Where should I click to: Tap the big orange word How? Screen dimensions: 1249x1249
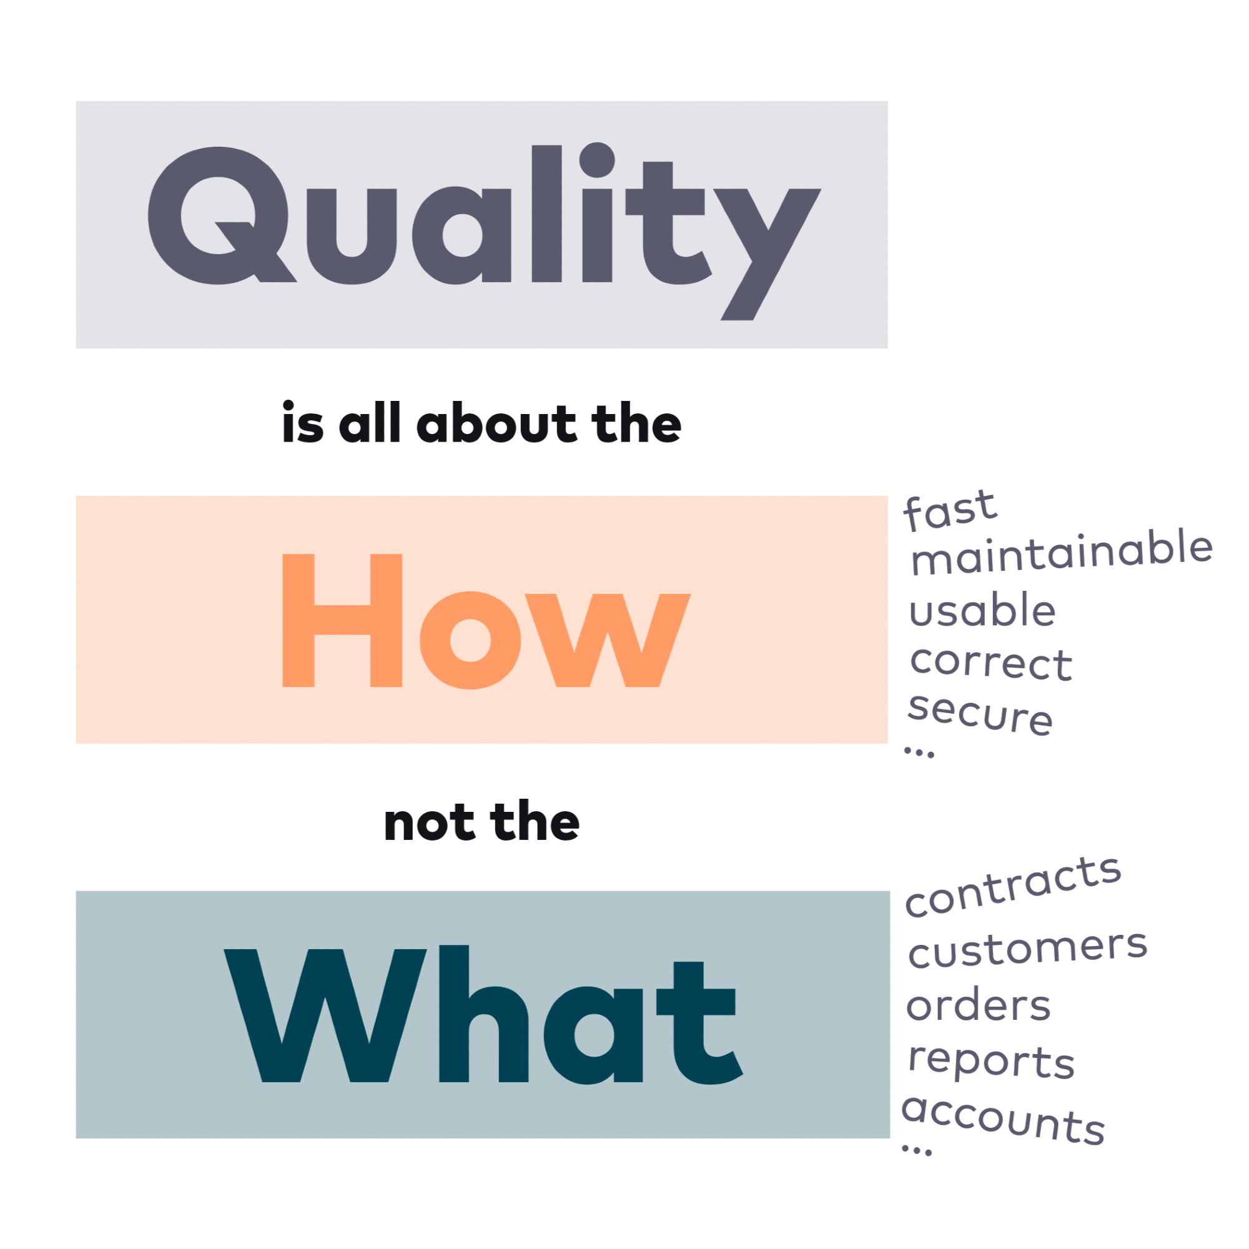pos(486,621)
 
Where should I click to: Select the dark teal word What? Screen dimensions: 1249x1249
pos(483,1014)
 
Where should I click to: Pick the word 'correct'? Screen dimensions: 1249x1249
pos(991,663)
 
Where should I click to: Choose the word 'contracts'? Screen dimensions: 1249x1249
pos(1013,886)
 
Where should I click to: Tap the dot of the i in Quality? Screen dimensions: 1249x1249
pos(596,159)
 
